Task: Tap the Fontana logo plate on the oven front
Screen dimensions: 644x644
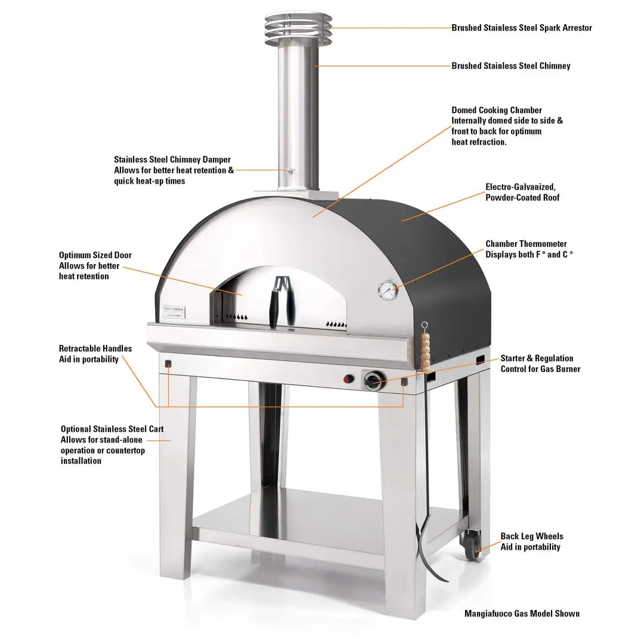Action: (x=175, y=312)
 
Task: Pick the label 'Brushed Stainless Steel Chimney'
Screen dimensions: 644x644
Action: (x=510, y=66)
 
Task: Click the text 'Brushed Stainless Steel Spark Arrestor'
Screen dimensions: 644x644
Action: (x=521, y=27)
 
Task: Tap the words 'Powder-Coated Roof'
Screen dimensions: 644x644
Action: (x=522, y=197)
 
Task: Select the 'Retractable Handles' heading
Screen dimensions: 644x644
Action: (x=95, y=348)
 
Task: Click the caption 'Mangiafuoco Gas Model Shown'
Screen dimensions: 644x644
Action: (x=522, y=613)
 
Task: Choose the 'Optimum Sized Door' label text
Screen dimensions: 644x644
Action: (x=95, y=255)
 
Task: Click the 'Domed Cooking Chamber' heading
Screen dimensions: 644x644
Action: (x=497, y=110)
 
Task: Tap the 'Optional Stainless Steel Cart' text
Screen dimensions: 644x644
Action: (x=112, y=429)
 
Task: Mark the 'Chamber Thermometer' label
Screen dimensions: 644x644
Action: (x=526, y=244)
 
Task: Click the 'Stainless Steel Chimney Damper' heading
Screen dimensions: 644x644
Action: (x=172, y=159)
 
